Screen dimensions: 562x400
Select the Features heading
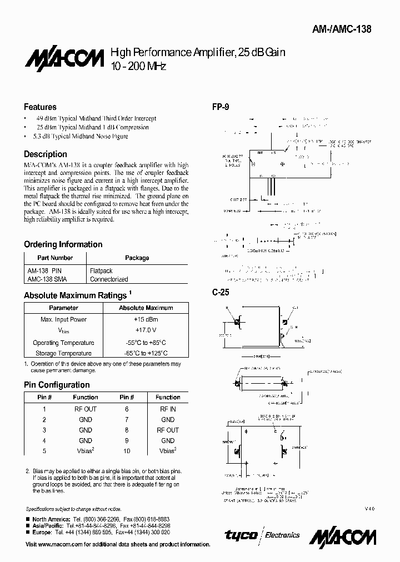[x=40, y=107]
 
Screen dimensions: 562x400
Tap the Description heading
[x=46, y=154]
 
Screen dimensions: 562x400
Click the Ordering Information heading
[x=63, y=244]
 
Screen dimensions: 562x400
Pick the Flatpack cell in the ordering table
[x=101, y=270]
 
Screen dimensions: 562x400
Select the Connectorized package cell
[x=109, y=279]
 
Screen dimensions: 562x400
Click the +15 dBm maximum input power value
[x=146, y=319]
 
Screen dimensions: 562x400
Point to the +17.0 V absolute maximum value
[x=146, y=331]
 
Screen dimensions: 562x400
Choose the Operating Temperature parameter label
[x=63, y=343]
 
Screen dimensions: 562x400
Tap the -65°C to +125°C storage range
[x=146, y=353]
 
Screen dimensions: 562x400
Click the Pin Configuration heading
[x=57, y=385]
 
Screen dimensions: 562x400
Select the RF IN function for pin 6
[x=167, y=409]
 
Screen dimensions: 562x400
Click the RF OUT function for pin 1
[x=85, y=409]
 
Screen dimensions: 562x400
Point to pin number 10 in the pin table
[x=127, y=451]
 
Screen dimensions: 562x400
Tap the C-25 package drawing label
[x=221, y=292]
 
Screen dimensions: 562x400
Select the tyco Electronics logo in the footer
[x=262, y=535]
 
